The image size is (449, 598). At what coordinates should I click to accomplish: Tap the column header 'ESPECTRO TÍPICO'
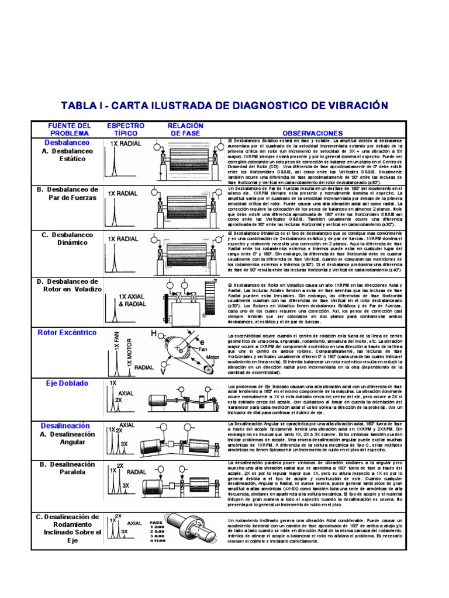(125, 129)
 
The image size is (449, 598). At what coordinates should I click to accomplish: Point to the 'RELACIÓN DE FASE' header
(185, 129)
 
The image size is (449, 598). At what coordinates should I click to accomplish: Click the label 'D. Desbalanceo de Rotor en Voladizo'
(68, 285)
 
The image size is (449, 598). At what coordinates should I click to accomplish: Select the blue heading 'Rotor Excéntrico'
(67, 332)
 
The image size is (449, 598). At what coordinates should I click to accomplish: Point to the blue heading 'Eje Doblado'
(67, 383)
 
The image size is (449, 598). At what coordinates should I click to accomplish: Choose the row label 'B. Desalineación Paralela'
(67, 468)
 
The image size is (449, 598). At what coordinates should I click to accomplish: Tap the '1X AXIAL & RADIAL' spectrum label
(132, 300)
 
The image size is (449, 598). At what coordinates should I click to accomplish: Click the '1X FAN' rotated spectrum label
(117, 340)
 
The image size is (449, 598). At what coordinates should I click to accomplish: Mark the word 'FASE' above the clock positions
(156, 521)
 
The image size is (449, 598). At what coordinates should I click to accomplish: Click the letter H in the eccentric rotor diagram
(154, 333)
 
